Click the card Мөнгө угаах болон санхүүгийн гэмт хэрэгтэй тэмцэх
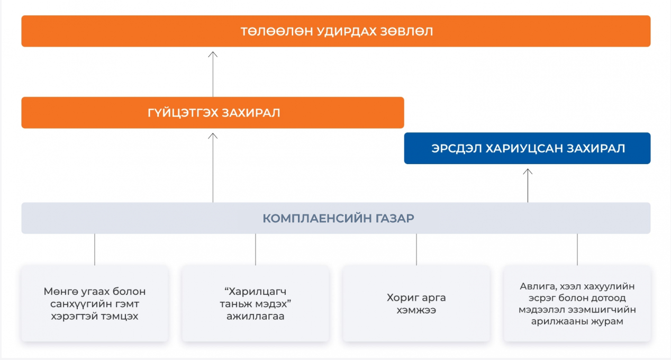coord(95,304)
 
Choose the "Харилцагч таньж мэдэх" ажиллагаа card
coord(256,304)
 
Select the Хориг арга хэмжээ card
coord(416,304)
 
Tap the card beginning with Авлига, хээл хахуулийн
coord(577,304)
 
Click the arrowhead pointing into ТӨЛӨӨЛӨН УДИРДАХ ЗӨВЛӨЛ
coord(213,54)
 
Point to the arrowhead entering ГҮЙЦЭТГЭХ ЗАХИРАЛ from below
coord(213,136)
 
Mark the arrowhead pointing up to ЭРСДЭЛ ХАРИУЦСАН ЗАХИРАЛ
coord(528,171)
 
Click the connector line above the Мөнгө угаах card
coord(95,249)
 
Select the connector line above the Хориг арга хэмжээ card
coord(416,249)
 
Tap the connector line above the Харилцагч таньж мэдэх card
coord(256,249)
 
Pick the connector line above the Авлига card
coord(577,249)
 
